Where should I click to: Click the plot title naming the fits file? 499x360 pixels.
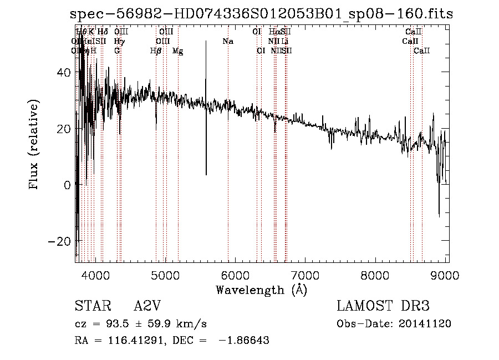click(262, 14)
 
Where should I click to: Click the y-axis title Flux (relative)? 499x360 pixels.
click(34, 145)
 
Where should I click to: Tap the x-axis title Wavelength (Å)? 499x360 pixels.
click(261, 290)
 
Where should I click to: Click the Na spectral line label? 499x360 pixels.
click(228, 41)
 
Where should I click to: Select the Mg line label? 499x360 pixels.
click(177, 51)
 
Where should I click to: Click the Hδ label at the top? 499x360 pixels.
click(103, 32)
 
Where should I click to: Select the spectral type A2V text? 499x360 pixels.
click(149, 306)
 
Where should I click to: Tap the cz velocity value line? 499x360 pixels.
click(141, 323)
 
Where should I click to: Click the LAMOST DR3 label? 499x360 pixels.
click(383, 306)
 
